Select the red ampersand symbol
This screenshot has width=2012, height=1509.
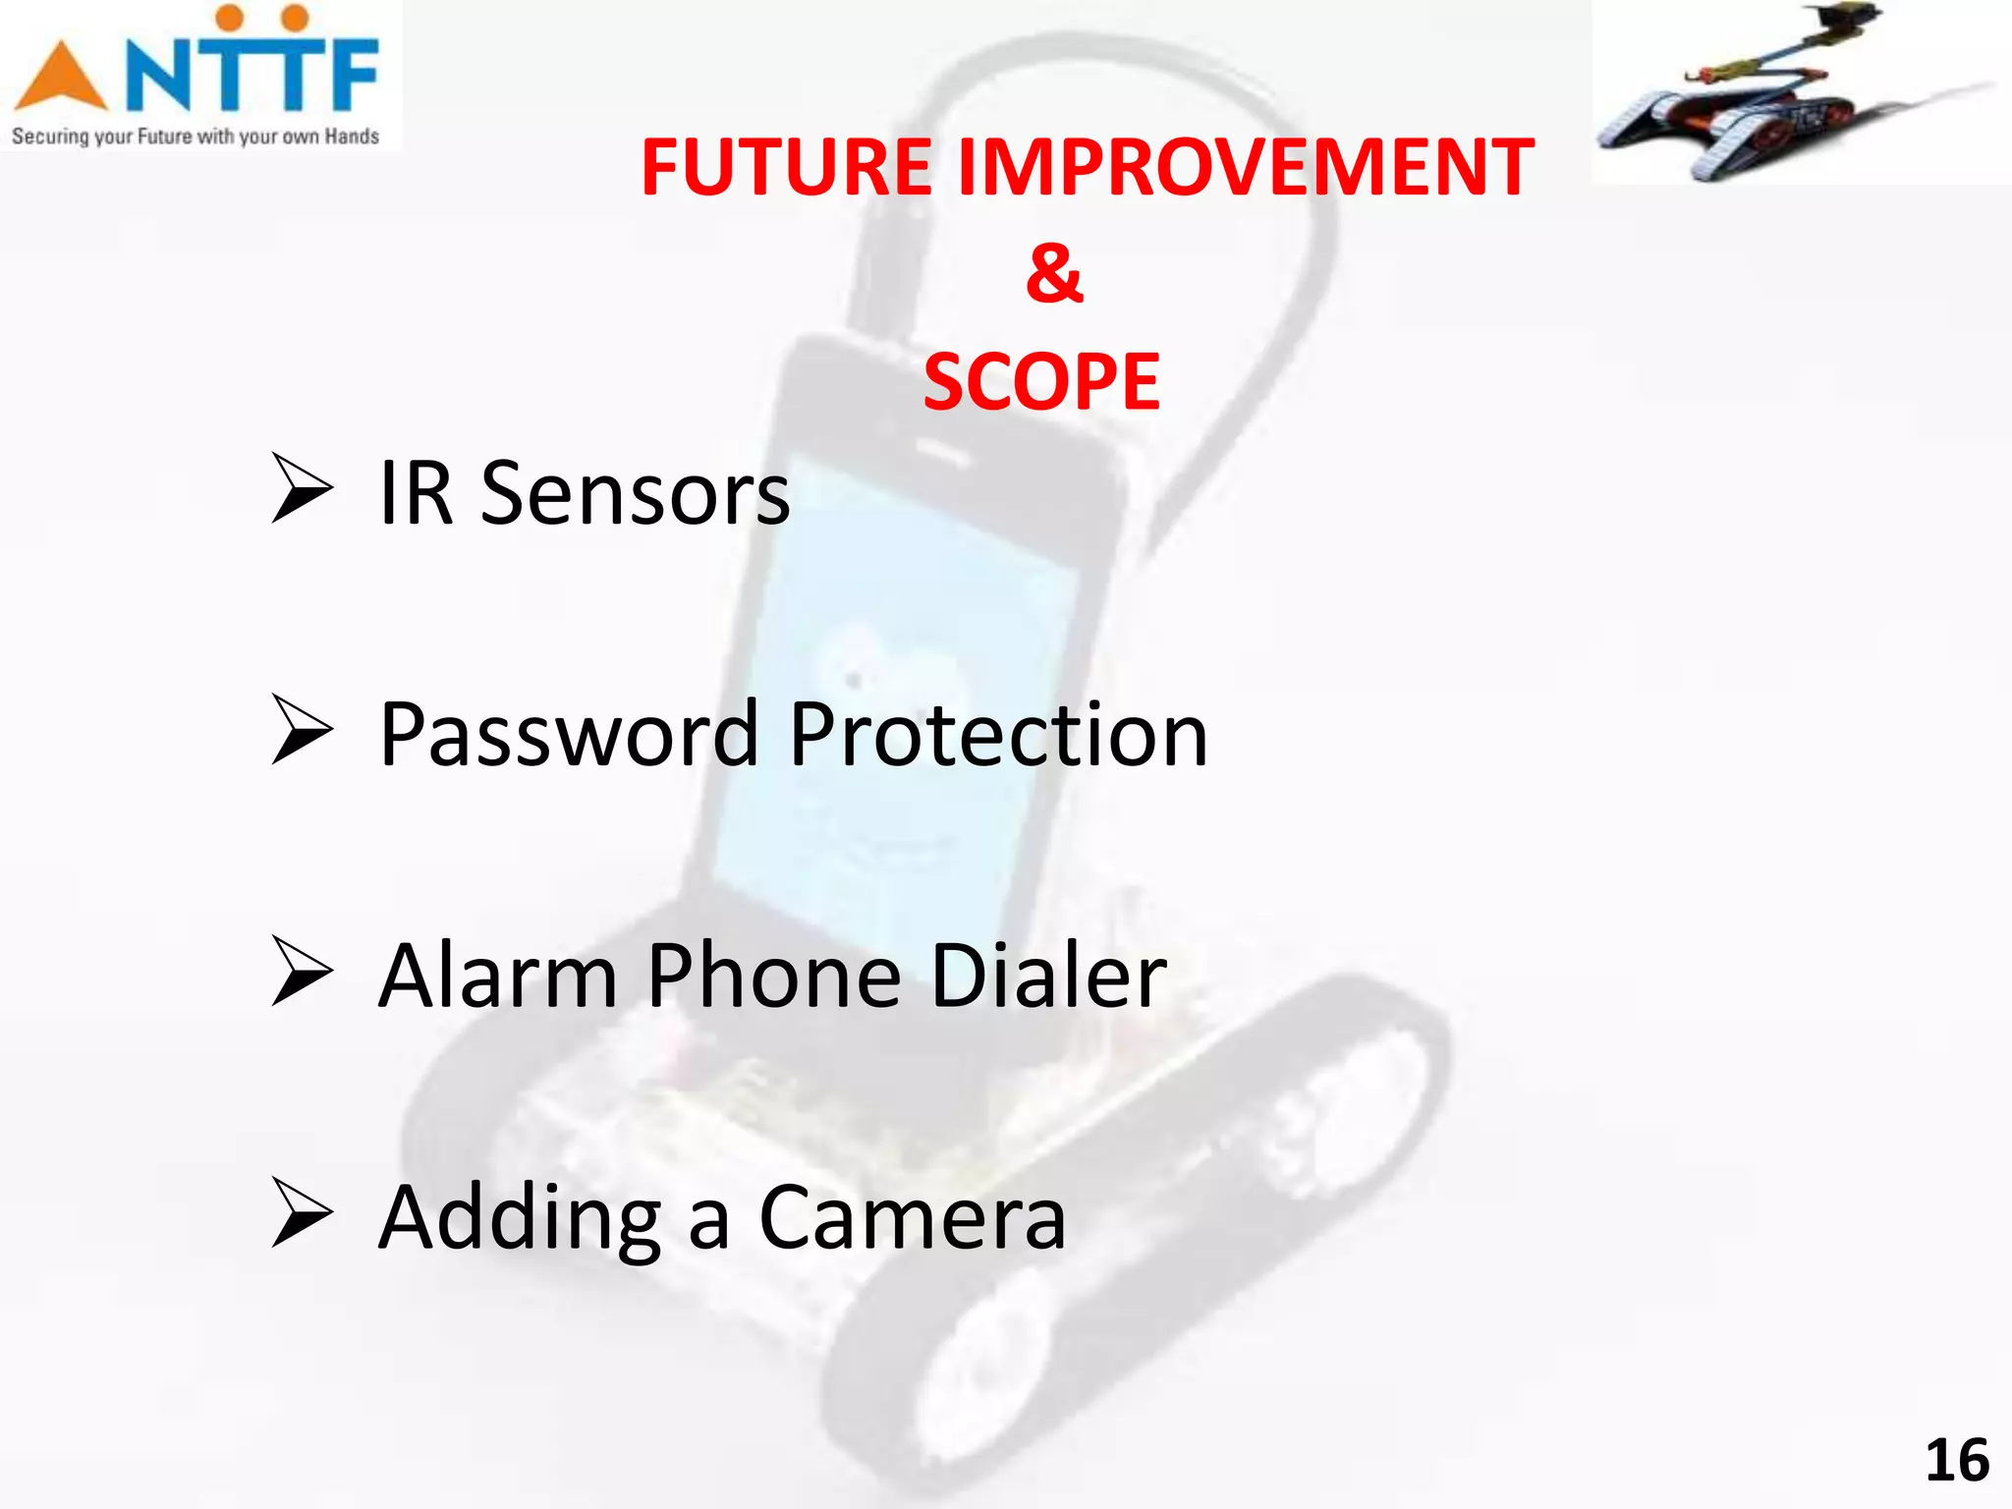click(1054, 273)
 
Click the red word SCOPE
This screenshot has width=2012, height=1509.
click(1041, 382)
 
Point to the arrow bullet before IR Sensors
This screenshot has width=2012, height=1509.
click(302, 488)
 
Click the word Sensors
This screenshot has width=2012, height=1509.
click(635, 494)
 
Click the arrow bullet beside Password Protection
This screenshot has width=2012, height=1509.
click(302, 730)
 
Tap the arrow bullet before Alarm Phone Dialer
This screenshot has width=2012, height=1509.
click(302, 971)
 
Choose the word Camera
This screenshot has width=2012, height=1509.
click(912, 1218)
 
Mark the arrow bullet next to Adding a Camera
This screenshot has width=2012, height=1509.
click(302, 1213)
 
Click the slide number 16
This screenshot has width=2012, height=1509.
click(1956, 1461)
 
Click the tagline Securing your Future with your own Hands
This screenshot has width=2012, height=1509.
click(195, 137)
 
